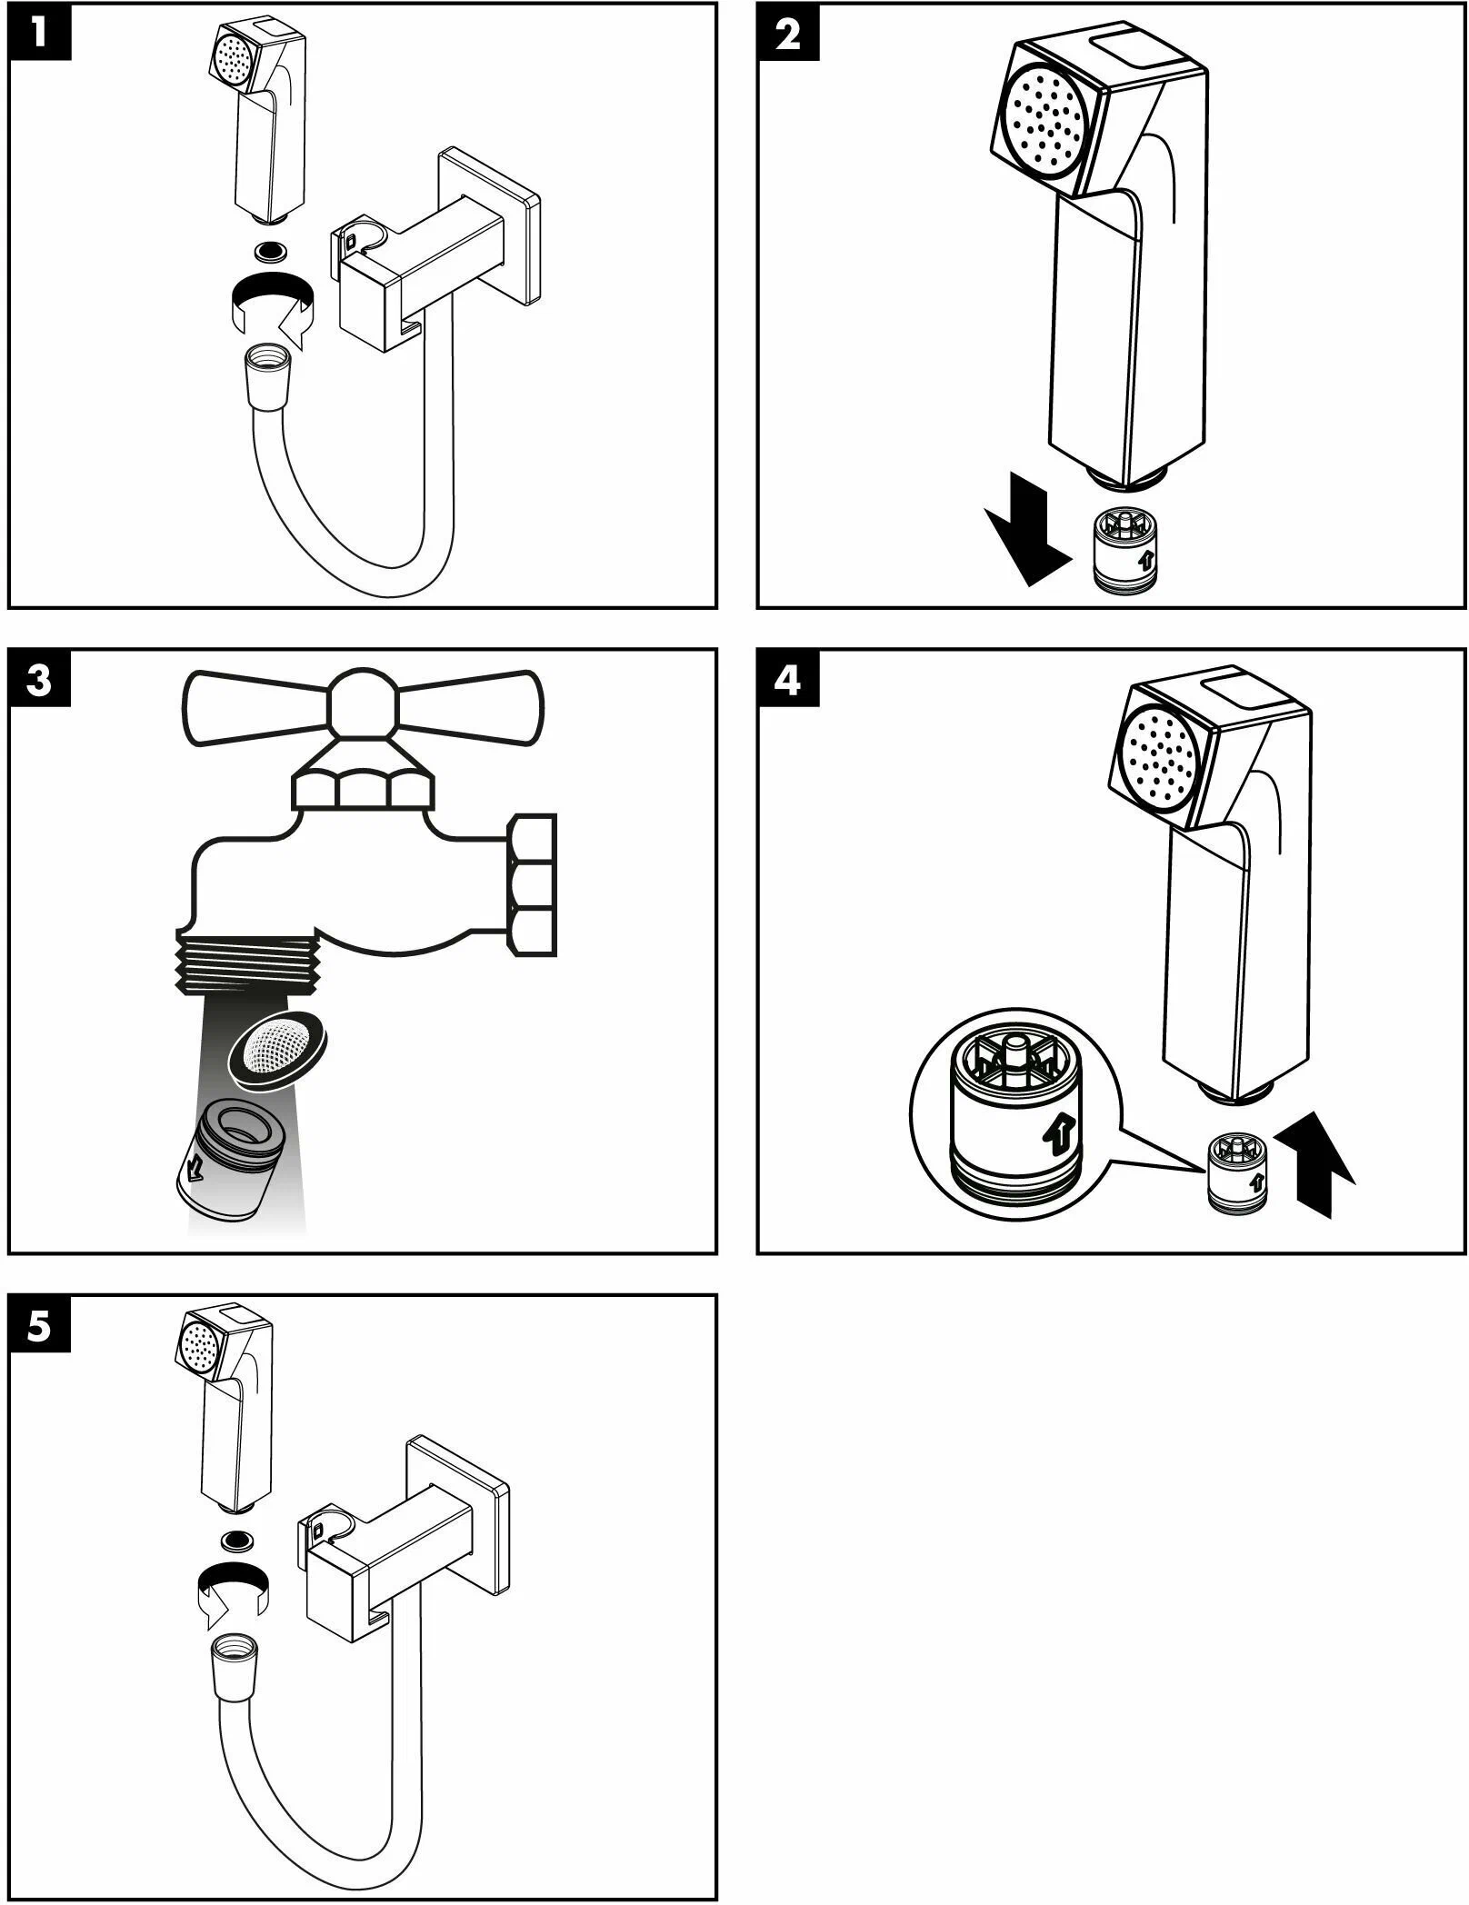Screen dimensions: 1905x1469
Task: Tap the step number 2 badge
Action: tap(788, 34)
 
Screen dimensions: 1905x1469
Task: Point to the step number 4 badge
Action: tap(788, 680)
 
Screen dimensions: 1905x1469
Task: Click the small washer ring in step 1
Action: tap(270, 248)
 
